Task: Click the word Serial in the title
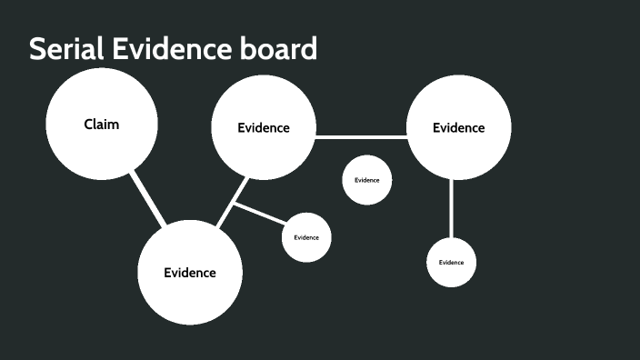click(65, 49)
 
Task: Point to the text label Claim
click(102, 125)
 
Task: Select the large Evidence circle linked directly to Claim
click(190, 272)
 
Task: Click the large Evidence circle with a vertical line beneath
click(458, 127)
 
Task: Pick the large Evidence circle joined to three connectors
click(264, 127)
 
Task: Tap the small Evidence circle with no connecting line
click(367, 180)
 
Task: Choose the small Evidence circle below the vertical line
click(452, 262)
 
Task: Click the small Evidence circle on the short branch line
click(306, 237)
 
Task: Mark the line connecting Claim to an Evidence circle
click(146, 198)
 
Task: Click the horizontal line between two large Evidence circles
click(361, 137)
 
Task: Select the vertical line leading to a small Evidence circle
click(452, 208)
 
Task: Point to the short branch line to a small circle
click(260, 215)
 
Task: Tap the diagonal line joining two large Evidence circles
click(233, 201)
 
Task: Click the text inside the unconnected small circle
click(367, 180)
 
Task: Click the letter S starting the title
click(37, 49)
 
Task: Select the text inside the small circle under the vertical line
click(452, 262)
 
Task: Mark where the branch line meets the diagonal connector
click(234, 204)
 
